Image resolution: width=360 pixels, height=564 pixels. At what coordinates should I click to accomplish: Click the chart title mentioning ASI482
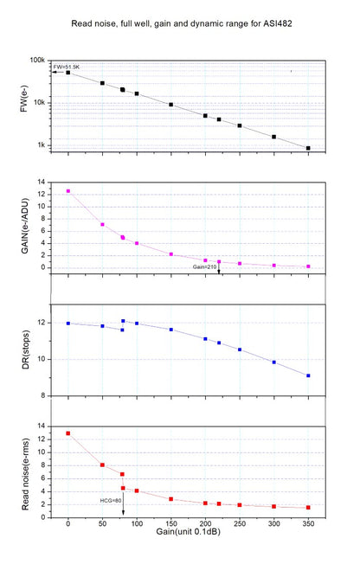click(181, 23)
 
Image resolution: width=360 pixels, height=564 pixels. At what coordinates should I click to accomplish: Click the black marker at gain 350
click(308, 149)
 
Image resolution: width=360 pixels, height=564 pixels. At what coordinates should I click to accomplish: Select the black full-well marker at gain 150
click(171, 105)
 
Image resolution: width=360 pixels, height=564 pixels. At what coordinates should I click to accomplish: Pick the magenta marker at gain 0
click(68, 191)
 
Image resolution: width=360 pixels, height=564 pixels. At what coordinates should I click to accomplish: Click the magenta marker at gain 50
click(102, 225)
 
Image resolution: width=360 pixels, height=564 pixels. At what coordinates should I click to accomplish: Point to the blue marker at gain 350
click(308, 375)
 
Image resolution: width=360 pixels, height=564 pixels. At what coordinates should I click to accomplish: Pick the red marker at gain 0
click(68, 433)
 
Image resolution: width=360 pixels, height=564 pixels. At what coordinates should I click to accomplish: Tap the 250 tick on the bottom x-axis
click(240, 525)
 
